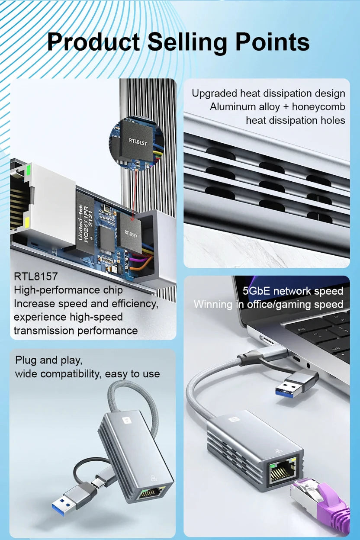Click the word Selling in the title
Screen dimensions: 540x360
pos(188,42)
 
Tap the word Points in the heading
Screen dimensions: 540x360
pos(272,42)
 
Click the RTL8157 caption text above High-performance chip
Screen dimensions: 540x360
pos(35,276)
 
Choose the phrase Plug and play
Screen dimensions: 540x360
pos(48,360)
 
